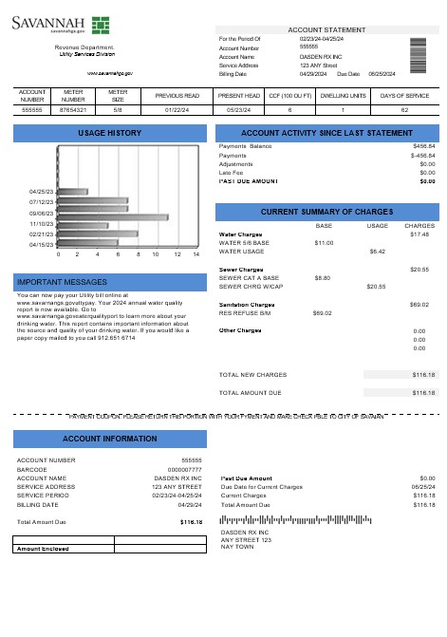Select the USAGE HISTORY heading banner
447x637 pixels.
[x=108, y=133]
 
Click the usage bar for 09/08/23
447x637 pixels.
[x=113, y=216]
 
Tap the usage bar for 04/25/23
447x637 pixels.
[x=73, y=191]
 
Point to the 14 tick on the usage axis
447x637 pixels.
[x=196, y=255]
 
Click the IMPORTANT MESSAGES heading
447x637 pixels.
[x=108, y=282]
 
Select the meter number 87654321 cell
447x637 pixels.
[x=73, y=110]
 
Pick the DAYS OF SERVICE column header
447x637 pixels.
[x=405, y=96]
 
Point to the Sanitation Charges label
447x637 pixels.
[x=247, y=304]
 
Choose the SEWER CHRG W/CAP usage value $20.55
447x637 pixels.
[x=375, y=286]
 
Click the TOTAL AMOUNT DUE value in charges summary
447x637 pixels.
[x=423, y=391]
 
